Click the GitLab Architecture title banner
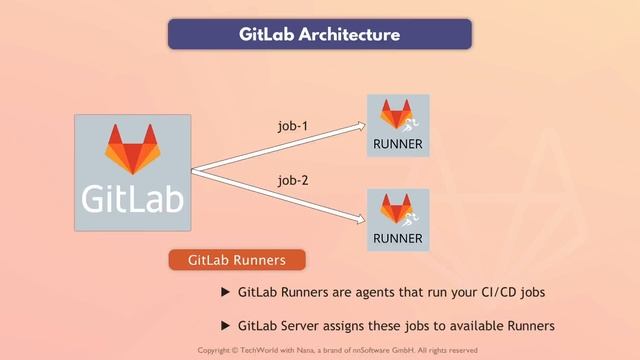pos(319,34)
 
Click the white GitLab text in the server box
pos(132,196)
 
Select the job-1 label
pos(294,127)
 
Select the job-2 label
pos(294,181)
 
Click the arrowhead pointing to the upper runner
pos(361,124)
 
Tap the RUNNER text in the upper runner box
pos(398,144)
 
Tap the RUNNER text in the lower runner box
pos(398,238)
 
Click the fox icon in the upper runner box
pos(396,115)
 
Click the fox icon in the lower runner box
pos(396,209)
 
